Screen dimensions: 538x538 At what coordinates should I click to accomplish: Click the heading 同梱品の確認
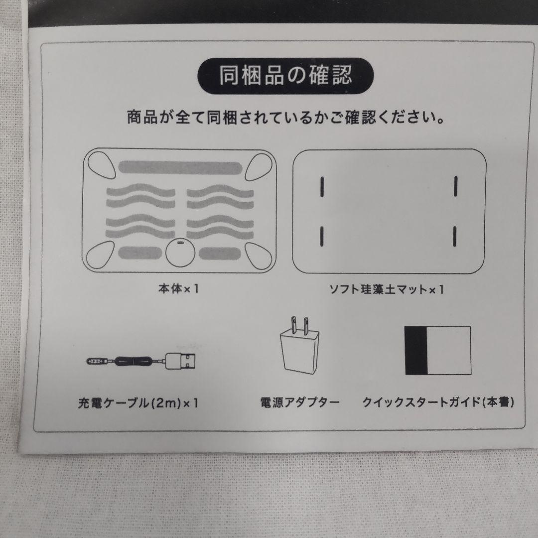pyautogui.click(x=285, y=76)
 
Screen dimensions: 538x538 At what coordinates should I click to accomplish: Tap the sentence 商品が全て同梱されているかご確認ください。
pyautogui.click(x=286, y=119)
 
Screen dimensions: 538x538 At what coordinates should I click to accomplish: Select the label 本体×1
pyautogui.click(x=178, y=289)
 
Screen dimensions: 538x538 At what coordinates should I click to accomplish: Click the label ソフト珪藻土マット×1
pyautogui.click(x=387, y=289)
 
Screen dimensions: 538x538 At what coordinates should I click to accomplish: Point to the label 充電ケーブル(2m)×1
pyautogui.click(x=138, y=402)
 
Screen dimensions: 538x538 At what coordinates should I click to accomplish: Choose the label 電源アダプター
pyautogui.click(x=299, y=402)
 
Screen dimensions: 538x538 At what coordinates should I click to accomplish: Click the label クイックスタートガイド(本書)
pyautogui.click(x=438, y=402)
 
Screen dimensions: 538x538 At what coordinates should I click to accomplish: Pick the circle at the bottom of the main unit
pyautogui.click(x=179, y=253)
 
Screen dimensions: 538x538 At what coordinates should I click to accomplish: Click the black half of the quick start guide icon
pyautogui.click(x=416, y=351)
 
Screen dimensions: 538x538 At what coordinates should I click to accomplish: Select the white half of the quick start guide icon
pyautogui.click(x=449, y=351)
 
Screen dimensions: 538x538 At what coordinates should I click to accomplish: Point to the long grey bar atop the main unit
pyautogui.click(x=178, y=168)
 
